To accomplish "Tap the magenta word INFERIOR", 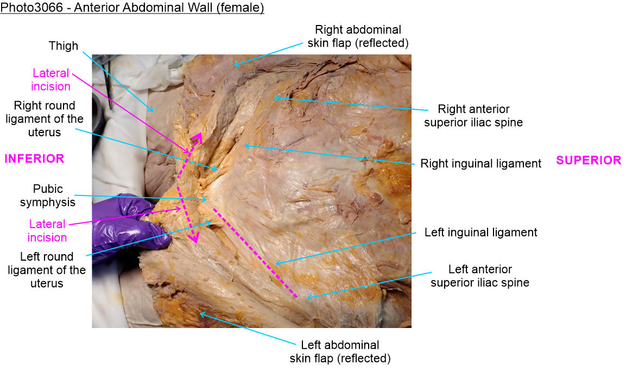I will (34, 159).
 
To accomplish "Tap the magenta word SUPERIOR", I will (589, 160).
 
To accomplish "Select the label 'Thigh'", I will (64, 46).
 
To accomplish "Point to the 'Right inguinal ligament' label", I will (480, 163).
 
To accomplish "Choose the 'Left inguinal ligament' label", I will (480, 232).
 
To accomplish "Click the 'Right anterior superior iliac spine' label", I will (473, 116).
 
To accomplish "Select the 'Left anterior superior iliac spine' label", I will (479, 276).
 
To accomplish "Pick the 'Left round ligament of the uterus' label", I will (47, 270).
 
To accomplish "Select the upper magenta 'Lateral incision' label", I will (51, 80).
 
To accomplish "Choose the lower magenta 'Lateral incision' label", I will (47, 230).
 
